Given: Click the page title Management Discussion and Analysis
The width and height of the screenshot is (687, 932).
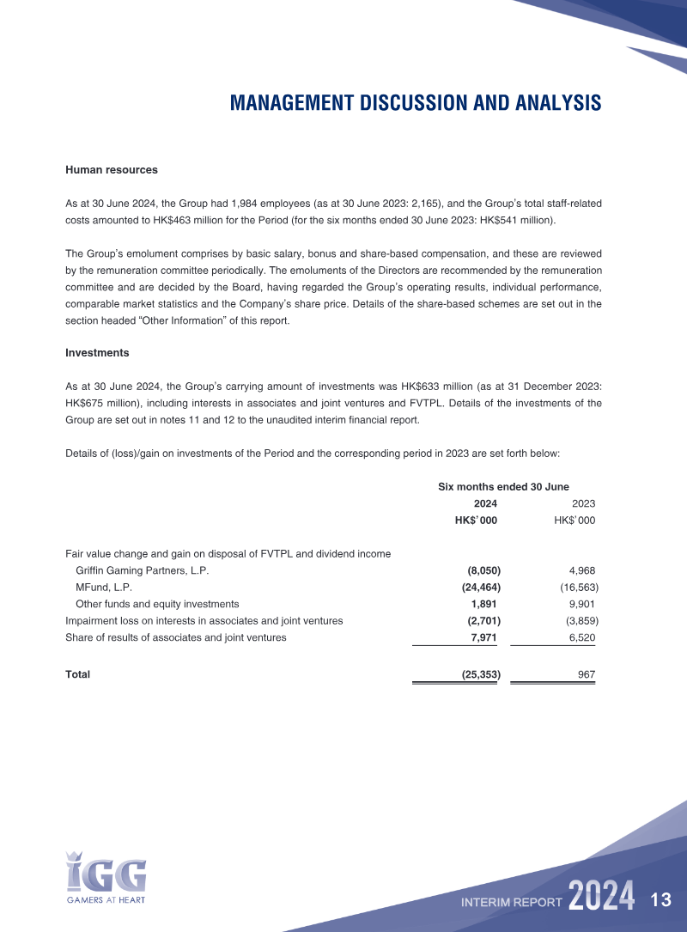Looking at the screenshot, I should click(x=416, y=103).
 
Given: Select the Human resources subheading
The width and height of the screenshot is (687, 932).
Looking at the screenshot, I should click(x=112, y=170).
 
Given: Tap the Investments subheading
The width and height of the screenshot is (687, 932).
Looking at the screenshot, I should click(x=97, y=353).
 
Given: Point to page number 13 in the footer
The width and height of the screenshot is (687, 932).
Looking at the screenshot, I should click(x=660, y=900).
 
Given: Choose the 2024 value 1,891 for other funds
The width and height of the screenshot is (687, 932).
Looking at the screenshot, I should click(x=484, y=604).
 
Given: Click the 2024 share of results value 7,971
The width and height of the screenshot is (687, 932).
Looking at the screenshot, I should click(x=484, y=637).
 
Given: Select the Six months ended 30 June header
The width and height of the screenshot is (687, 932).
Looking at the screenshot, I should click(x=503, y=487).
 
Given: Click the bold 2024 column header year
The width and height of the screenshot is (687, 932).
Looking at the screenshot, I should click(x=485, y=504).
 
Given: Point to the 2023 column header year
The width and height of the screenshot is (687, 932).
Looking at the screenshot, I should click(x=583, y=504).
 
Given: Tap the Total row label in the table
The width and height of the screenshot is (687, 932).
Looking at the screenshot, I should click(x=78, y=675).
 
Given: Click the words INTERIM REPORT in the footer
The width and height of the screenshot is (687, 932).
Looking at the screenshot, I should click(x=512, y=902).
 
